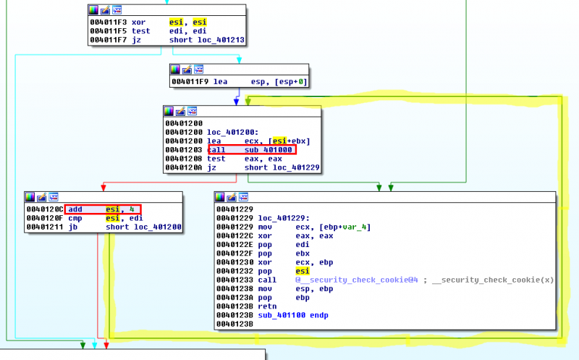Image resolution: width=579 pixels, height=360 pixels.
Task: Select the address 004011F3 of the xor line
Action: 108,22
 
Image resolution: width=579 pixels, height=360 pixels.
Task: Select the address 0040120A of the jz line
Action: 184,167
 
